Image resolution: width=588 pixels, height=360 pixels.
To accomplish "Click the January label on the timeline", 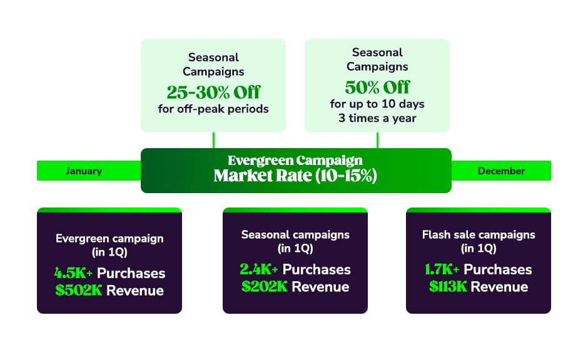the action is coord(84,171).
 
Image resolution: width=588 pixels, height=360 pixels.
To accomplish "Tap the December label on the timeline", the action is coord(501,171).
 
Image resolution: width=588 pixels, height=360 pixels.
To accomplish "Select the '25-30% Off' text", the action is coord(213,92).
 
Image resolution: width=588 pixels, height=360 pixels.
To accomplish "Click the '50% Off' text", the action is coord(377,87).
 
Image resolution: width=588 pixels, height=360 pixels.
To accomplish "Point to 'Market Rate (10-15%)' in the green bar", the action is coord(295,176).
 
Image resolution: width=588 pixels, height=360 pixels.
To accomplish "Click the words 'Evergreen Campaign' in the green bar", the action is coord(295,161).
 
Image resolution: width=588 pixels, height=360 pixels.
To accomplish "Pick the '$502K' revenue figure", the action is coord(79,291).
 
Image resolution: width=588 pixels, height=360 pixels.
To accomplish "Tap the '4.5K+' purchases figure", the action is coord(73,273).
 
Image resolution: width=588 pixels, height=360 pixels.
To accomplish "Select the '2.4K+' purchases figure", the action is coord(259,269).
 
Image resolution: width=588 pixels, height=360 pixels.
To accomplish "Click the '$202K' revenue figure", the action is coord(265,287).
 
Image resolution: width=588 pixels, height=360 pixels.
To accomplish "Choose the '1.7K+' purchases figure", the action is coord(442,269).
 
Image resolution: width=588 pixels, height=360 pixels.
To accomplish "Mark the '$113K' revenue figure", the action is coord(448,287).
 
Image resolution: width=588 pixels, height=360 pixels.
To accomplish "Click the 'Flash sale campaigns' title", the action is coord(479,234).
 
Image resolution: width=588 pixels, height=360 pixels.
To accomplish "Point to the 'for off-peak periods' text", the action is coord(213,109).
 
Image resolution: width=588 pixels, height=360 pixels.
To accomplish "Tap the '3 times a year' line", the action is coord(377,118).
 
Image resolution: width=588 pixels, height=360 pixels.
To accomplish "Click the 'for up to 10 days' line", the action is coord(377,104).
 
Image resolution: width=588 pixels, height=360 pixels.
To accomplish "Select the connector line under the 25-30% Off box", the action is coord(213,140).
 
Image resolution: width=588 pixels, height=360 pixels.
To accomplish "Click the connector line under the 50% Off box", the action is coord(377,140).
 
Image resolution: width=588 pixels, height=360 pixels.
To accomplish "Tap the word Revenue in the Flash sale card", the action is coord(499,287).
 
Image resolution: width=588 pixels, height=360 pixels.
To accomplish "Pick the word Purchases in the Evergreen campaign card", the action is coord(131,273).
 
